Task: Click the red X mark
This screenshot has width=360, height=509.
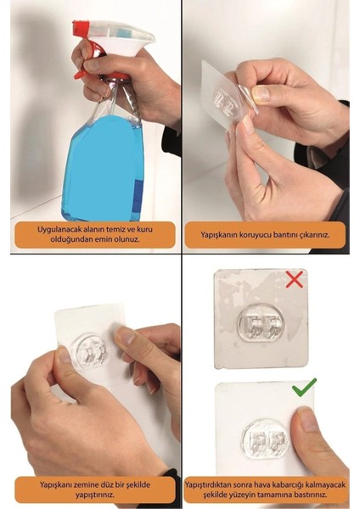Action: pos(294,279)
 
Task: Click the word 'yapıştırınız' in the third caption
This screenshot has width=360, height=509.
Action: pos(94,495)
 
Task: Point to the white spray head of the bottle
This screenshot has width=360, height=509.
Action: pos(127,42)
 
